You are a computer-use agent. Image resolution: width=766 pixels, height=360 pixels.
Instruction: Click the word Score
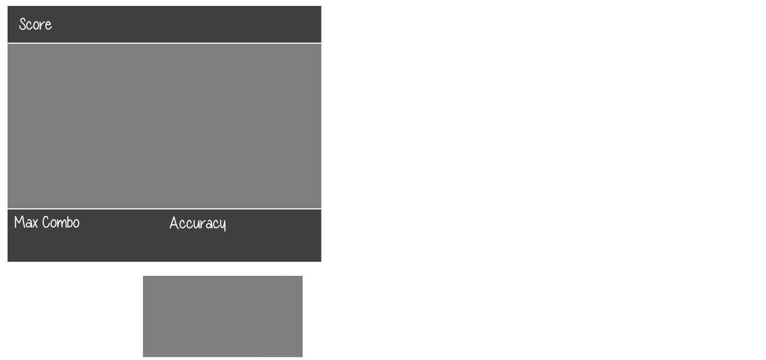35,24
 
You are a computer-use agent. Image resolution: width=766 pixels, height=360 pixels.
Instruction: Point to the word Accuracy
197,223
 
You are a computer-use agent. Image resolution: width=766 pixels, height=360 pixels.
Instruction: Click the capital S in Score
23,24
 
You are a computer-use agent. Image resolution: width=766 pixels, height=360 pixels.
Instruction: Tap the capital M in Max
18,222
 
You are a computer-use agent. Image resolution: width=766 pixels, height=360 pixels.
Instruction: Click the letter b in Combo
69,222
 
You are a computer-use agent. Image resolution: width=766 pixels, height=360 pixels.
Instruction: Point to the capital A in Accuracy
174,223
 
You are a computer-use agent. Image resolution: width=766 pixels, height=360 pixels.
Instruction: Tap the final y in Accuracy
222,225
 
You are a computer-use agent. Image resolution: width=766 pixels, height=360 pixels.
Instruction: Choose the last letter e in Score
49,25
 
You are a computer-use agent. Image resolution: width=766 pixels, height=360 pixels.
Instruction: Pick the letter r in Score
43,25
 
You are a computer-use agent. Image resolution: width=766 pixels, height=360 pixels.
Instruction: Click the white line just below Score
164,43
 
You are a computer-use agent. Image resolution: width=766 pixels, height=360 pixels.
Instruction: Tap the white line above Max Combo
164,209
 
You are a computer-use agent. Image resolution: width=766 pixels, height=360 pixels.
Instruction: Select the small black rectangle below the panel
222,316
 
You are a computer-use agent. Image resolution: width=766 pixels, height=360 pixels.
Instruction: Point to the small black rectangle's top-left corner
143,276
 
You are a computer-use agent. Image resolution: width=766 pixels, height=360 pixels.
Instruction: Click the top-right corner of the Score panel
320,6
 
